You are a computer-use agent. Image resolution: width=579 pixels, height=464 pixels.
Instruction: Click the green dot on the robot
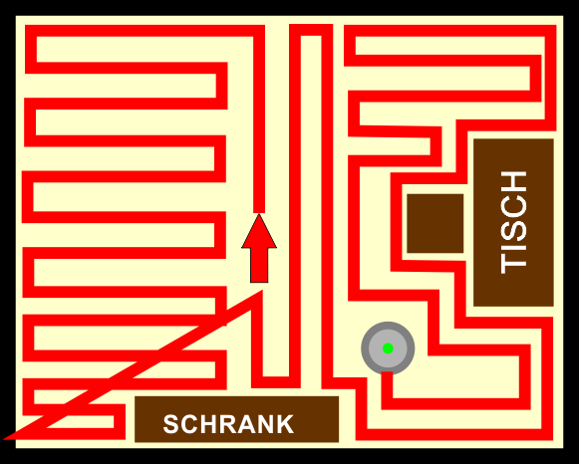pyautogui.click(x=388, y=348)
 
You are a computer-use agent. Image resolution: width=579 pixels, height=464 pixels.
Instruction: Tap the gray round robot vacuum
pyautogui.click(x=388, y=348)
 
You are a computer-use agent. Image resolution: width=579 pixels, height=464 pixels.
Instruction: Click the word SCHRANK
pyautogui.click(x=228, y=424)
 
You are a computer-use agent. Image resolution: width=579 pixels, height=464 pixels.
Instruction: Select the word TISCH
pyautogui.click(x=513, y=222)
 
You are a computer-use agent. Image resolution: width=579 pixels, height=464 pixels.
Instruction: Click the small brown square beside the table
pyautogui.click(x=434, y=223)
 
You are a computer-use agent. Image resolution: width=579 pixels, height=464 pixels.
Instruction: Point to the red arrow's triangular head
pyautogui.click(x=259, y=231)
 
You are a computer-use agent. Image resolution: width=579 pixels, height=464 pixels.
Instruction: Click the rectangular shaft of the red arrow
pyautogui.click(x=259, y=265)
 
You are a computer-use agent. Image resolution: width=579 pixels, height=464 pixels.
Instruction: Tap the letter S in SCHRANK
pyautogui.click(x=171, y=424)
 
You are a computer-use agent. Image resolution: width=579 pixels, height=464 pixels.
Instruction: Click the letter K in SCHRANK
pyautogui.click(x=284, y=424)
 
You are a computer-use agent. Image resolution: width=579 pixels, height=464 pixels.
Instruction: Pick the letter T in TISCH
pyautogui.click(x=513, y=264)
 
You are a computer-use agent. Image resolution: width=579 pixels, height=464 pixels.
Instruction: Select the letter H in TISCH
pyautogui.click(x=513, y=181)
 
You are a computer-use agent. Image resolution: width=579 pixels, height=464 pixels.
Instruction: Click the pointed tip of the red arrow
pyautogui.click(x=259, y=214)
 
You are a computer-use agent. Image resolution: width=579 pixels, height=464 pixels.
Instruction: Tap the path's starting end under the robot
pyautogui.click(x=387, y=374)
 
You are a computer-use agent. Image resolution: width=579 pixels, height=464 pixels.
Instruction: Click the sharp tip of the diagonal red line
pyautogui.click(x=4, y=439)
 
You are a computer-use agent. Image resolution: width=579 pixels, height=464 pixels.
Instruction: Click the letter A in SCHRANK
pyautogui.click(x=244, y=424)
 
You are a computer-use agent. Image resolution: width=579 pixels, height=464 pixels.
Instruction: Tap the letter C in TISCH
pyautogui.click(x=513, y=206)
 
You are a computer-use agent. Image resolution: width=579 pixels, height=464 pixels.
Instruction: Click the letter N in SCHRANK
pyautogui.click(x=264, y=424)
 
